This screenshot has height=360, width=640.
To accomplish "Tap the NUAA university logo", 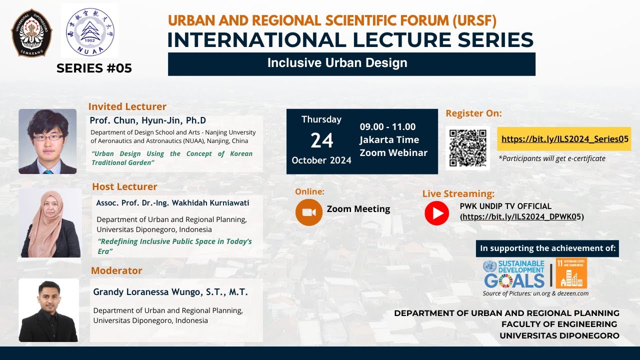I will click(x=90, y=31).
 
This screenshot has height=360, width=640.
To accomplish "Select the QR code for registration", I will click(x=467, y=148).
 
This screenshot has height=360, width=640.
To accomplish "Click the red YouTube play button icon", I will click(x=436, y=213).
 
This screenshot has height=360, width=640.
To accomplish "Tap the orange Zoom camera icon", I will click(x=308, y=212).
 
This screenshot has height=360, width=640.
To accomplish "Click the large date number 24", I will click(x=321, y=141).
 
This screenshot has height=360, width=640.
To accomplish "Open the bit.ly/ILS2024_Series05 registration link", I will click(x=564, y=139).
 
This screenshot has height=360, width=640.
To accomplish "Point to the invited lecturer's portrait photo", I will click(x=47, y=141).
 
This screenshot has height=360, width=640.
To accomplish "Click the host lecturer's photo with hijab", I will click(x=50, y=223).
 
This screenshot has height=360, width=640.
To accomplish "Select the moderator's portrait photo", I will click(x=48, y=310).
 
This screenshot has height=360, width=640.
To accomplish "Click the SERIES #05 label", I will click(x=94, y=68).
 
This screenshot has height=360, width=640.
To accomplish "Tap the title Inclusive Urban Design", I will click(x=337, y=63).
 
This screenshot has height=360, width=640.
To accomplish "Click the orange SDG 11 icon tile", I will click(x=571, y=273).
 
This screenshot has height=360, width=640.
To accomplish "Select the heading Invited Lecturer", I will click(x=127, y=106).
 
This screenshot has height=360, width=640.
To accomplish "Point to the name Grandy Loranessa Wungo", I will click(x=170, y=292).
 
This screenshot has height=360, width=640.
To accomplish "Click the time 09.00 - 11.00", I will click(x=387, y=127).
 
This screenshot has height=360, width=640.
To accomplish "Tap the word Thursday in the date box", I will click(x=321, y=119).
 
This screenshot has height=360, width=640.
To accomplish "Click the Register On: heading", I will click(x=473, y=113).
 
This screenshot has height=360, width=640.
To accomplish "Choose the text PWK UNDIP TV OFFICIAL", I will click(x=505, y=206).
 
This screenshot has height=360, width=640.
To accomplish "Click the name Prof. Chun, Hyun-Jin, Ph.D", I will click(x=148, y=120).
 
